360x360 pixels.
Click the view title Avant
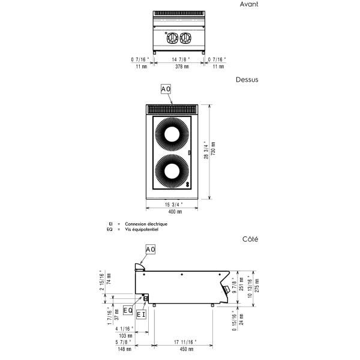click(249, 4)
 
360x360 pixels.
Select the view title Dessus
click(247, 80)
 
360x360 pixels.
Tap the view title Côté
click(250, 239)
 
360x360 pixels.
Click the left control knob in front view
click(172, 38)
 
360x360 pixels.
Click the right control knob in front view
click(185, 38)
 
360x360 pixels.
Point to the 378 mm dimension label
click(182, 67)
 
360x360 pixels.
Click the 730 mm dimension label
click(213, 148)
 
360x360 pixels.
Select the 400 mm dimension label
click(175, 211)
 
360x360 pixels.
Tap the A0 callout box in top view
click(166, 89)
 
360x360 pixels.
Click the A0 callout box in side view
click(151, 250)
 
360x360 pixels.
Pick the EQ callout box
click(128, 310)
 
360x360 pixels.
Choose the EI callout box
click(141, 314)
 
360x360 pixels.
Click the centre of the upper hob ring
click(172, 134)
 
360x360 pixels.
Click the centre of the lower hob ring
click(172, 172)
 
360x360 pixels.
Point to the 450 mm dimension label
click(187, 349)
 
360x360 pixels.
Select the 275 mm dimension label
click(257, 286)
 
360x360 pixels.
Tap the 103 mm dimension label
click(125, 335)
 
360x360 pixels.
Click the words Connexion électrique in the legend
click(146, 224)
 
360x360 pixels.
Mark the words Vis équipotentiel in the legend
click(142, 229)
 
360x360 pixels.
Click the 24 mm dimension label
click(241, 319)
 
